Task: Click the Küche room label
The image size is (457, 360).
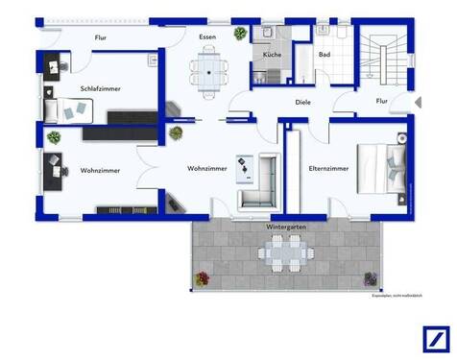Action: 273,55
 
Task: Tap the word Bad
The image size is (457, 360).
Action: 325,55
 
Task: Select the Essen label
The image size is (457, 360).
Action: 207,36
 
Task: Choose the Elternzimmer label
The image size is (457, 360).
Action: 328,168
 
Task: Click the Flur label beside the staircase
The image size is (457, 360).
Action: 381,101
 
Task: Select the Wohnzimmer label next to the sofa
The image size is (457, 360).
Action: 207,168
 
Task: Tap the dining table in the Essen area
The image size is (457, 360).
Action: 207,66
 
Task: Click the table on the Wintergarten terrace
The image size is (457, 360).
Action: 285,253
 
